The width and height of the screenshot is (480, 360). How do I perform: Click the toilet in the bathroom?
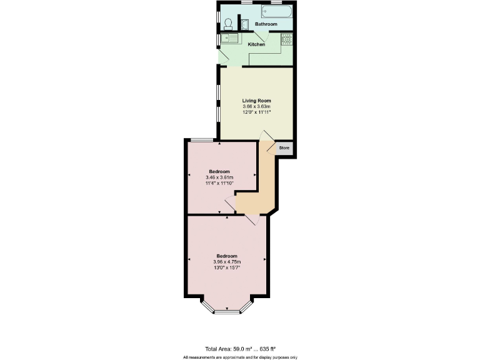[x=229, y=24]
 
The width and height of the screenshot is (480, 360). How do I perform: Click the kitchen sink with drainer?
[x=230, y=39]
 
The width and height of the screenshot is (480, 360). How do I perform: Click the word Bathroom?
[x=266, y=24]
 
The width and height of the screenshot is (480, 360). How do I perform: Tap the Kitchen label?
[x=256, y=44]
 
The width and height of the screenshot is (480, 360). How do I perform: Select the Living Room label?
[x=256, y=100]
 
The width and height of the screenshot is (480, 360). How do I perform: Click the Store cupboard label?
[x=284, y=148]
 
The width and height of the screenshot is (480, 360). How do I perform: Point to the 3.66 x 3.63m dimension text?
[x=256, y=107]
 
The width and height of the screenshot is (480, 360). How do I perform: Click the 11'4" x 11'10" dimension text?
[x=219, y=184]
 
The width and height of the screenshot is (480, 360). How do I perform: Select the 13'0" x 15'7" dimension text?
[x=227, y=267]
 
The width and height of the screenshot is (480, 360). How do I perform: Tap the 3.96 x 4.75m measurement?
[x=227, y=262]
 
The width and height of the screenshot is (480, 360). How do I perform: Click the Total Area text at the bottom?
[x=240, y=348]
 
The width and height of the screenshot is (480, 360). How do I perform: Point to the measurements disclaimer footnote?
[x=240, y=357]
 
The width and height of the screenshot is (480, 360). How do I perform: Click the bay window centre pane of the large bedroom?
[x=227, y=311]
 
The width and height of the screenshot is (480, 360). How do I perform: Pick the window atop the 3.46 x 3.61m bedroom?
[x=201, y=139]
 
